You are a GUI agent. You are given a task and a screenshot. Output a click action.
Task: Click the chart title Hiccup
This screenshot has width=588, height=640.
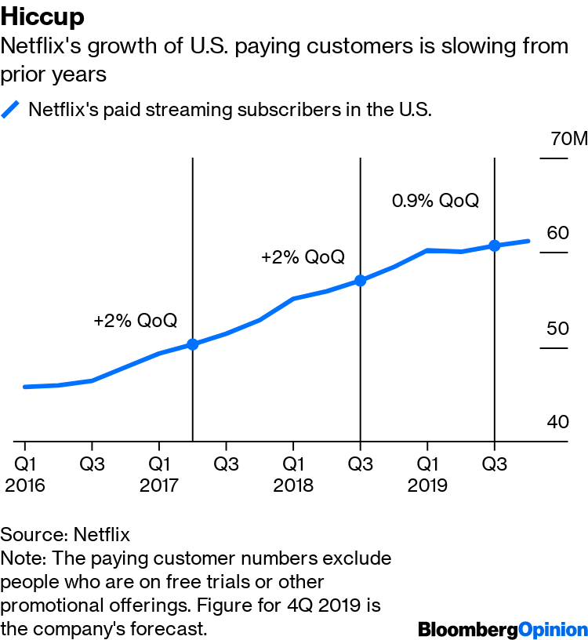pos(42,16)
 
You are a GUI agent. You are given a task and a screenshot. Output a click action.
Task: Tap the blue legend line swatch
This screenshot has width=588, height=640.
pos(11,109)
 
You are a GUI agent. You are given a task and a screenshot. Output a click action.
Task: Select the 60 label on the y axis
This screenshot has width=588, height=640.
pos(557,233)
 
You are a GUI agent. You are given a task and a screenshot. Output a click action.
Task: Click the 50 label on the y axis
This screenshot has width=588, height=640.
pos(557,328)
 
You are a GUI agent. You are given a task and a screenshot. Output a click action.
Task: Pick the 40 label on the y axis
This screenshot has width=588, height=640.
pos(557,422)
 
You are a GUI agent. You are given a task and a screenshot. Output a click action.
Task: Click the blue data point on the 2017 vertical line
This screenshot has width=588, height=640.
pos(193,344)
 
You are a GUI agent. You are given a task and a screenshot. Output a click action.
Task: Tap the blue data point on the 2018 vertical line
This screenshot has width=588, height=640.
pos(360,280)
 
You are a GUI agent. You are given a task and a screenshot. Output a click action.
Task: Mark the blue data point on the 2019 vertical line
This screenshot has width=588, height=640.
pos(494,245)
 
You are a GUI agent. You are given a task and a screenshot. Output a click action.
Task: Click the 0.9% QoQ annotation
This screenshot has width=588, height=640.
pos(434,201)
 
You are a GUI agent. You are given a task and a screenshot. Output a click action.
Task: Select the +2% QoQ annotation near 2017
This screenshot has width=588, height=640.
pos(135,321)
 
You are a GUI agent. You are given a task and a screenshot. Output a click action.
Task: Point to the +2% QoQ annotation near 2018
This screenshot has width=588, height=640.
pos(303,257)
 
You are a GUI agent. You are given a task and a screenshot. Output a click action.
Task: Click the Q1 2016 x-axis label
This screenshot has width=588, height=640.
pos(25,474)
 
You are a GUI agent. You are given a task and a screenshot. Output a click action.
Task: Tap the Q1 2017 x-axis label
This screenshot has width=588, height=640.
pos(159,474)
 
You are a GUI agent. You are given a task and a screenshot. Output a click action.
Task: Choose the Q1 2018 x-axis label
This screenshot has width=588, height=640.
pos(293,474)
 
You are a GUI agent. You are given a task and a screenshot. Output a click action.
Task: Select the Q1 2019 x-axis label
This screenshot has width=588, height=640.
pos(426,474)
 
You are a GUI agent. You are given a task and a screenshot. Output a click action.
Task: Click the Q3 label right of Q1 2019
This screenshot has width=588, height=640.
pos(494,464)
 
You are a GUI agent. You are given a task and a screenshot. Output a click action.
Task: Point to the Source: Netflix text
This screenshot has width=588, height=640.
pos(65,535)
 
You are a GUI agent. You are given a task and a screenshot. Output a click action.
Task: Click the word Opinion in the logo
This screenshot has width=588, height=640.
pos(554,629)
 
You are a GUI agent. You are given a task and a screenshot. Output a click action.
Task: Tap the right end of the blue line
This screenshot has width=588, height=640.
pos(528,241)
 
